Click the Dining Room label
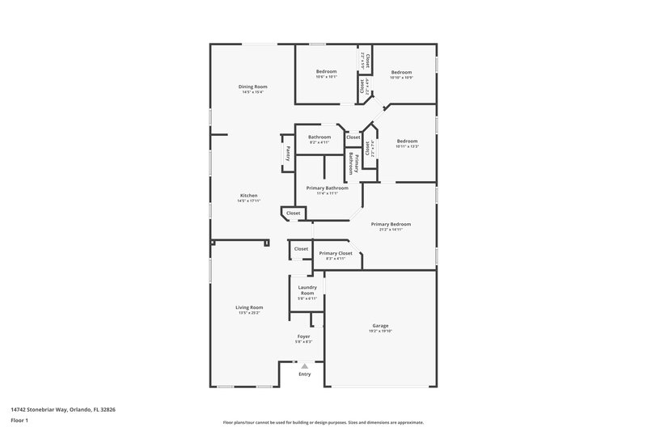[x=252, y=87]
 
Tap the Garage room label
[x=380, y=325]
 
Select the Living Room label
[x=249, y=306]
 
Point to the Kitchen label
[x=248, y=196]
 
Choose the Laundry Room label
[x=307, y=289]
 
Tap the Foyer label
[x=304, y=336]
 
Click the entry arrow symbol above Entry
[x=304, y=366]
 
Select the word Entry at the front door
[x=304, y=374]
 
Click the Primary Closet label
[x=335, y=253]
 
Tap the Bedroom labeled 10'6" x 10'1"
[x=326, y=72]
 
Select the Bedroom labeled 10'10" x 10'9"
[x=401, y=72]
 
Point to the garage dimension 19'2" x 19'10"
[x=380, y=330]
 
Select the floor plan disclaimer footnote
[x=323, y=422]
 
